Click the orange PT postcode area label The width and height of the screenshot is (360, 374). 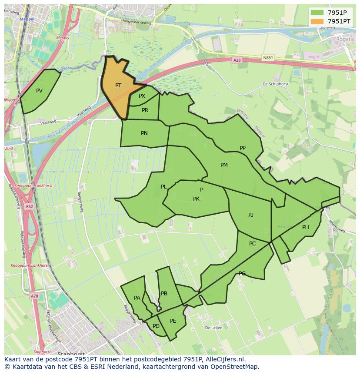point(118,86)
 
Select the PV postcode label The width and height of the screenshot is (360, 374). point(40,91)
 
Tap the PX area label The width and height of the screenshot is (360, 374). point(142,96)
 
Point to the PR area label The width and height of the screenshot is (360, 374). point(145,110)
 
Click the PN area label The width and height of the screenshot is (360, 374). point(144,133)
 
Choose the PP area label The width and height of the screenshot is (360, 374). point(243,148)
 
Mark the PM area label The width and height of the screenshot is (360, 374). point(224,165)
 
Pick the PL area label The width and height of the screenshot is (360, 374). point(163,187)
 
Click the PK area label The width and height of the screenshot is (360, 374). point(196,199)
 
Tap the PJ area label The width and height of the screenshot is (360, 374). point(251,215)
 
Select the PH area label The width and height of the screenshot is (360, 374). point(306,227)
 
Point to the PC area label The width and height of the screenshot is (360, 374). point(253,244)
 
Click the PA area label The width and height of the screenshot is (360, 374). point(137,298)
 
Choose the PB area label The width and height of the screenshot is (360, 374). point(164,294)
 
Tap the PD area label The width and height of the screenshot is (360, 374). point(156,326)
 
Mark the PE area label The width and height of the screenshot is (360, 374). point(173,321)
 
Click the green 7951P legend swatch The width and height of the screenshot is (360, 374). point(317,12)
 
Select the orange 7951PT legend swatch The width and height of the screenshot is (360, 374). point(317,21)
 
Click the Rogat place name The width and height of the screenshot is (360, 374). point(343,39)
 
